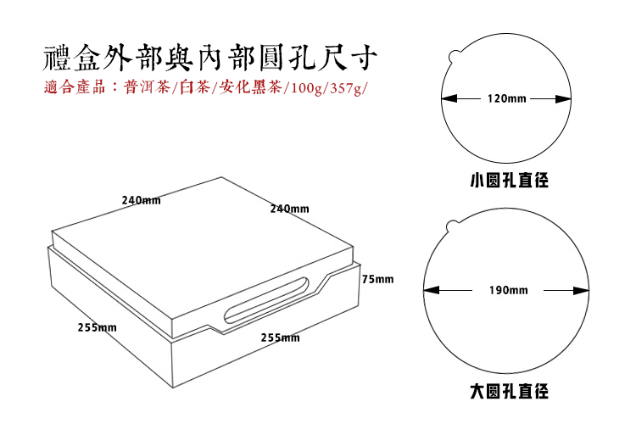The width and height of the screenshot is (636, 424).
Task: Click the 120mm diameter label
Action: tap(507, 99)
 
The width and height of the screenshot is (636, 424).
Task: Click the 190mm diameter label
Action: tap(508, 290)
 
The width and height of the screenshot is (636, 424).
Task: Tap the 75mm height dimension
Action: tap(377, 279)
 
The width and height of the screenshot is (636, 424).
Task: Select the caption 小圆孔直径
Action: tap(509, 181)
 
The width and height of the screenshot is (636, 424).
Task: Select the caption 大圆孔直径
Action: tap(509, 392)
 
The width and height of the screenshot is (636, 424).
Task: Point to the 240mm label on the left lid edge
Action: tap(141, 201)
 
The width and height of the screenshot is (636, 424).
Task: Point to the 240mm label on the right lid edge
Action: tap(289, 209)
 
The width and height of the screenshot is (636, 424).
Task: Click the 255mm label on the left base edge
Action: tap(97, 327)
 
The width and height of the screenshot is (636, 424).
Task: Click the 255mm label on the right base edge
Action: tap(280, 338)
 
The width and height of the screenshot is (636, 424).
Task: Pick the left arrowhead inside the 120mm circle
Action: tap(446, 99)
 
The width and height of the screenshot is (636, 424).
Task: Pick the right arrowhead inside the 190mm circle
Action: tap(584, 290)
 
